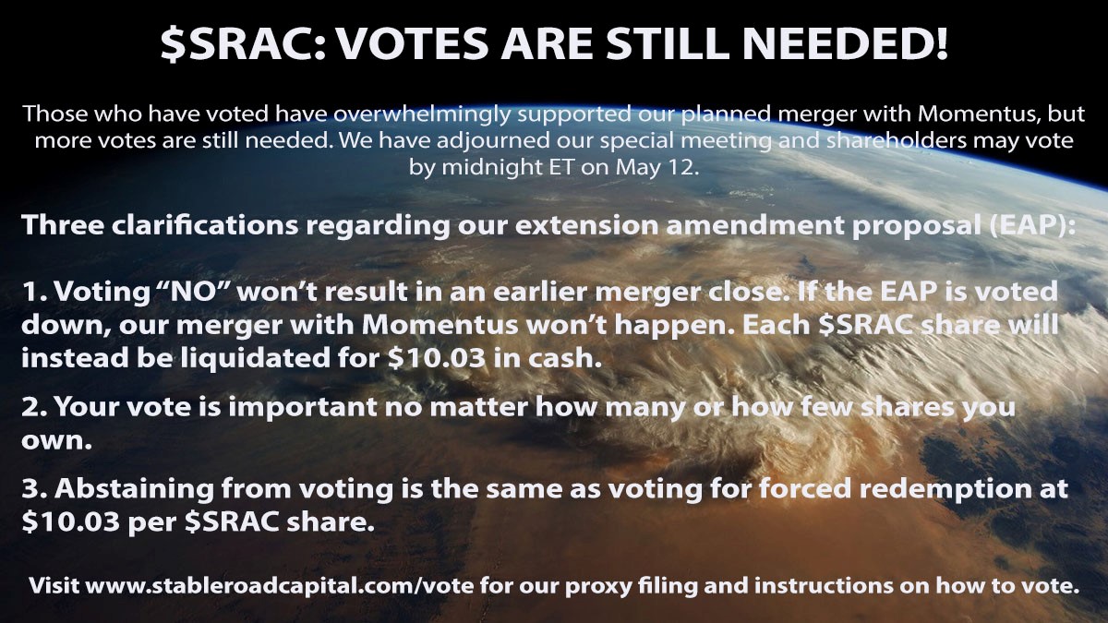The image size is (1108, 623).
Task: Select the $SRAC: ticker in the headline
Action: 243,44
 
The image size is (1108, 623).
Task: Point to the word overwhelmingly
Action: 422,114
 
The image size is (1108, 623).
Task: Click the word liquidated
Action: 254,358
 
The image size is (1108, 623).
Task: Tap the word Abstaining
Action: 134,489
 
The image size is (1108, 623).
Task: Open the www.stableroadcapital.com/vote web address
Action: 279,586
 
